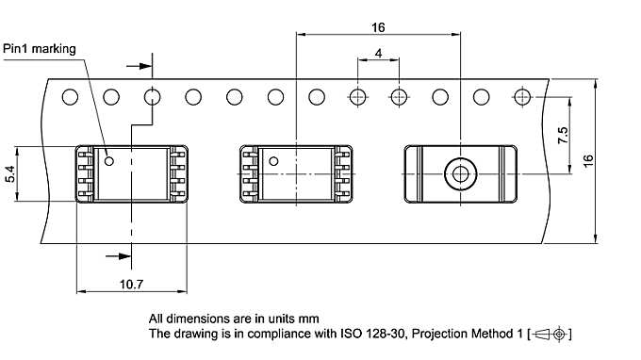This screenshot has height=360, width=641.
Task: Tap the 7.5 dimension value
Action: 563,135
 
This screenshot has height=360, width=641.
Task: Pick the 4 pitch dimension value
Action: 378,54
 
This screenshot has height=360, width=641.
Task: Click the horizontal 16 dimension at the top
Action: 378,27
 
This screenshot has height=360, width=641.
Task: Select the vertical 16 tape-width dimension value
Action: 614,160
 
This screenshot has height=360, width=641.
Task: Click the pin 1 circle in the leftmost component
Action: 109,161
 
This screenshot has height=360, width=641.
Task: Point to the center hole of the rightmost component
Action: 461,173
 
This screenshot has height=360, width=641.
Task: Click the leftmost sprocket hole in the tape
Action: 70,96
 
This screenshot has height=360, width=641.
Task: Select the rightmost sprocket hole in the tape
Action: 523,96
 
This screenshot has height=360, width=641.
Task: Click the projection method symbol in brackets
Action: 550,335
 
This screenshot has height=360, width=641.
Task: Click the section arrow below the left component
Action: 119,255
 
